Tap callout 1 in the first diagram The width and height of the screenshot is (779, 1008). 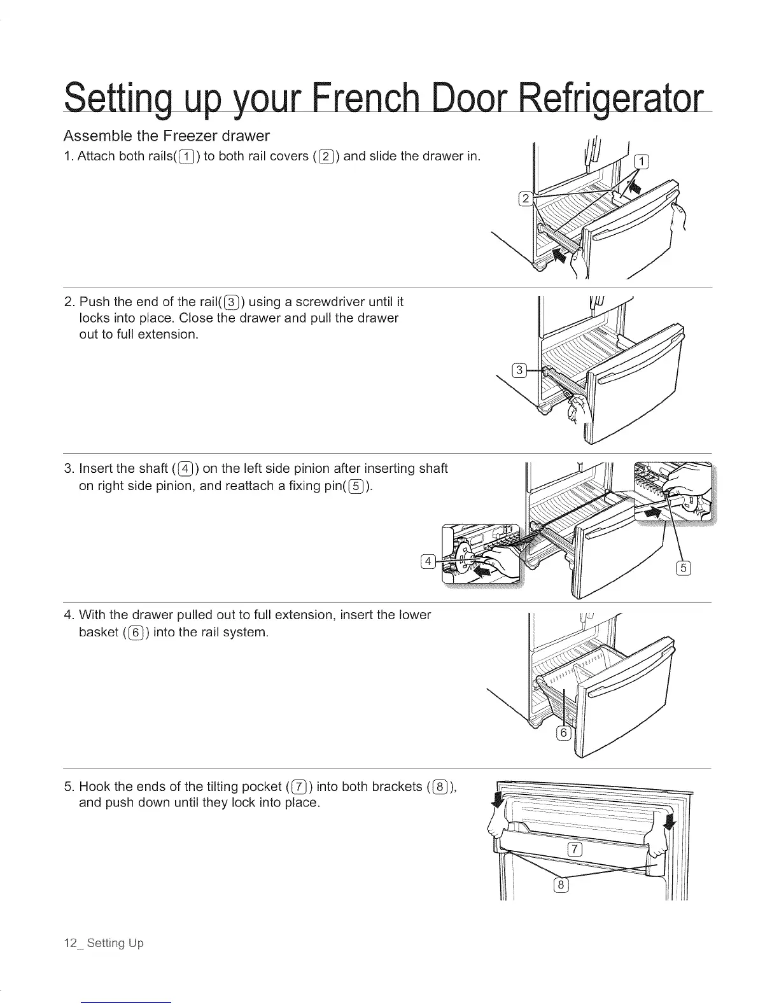tap(642, 160)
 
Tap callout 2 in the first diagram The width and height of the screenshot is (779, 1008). tap(525, 199)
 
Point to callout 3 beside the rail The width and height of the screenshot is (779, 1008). tap(519, 371)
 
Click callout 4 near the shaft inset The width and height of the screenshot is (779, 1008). tap(429, 561)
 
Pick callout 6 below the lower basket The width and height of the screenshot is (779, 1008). tap(563, 733)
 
